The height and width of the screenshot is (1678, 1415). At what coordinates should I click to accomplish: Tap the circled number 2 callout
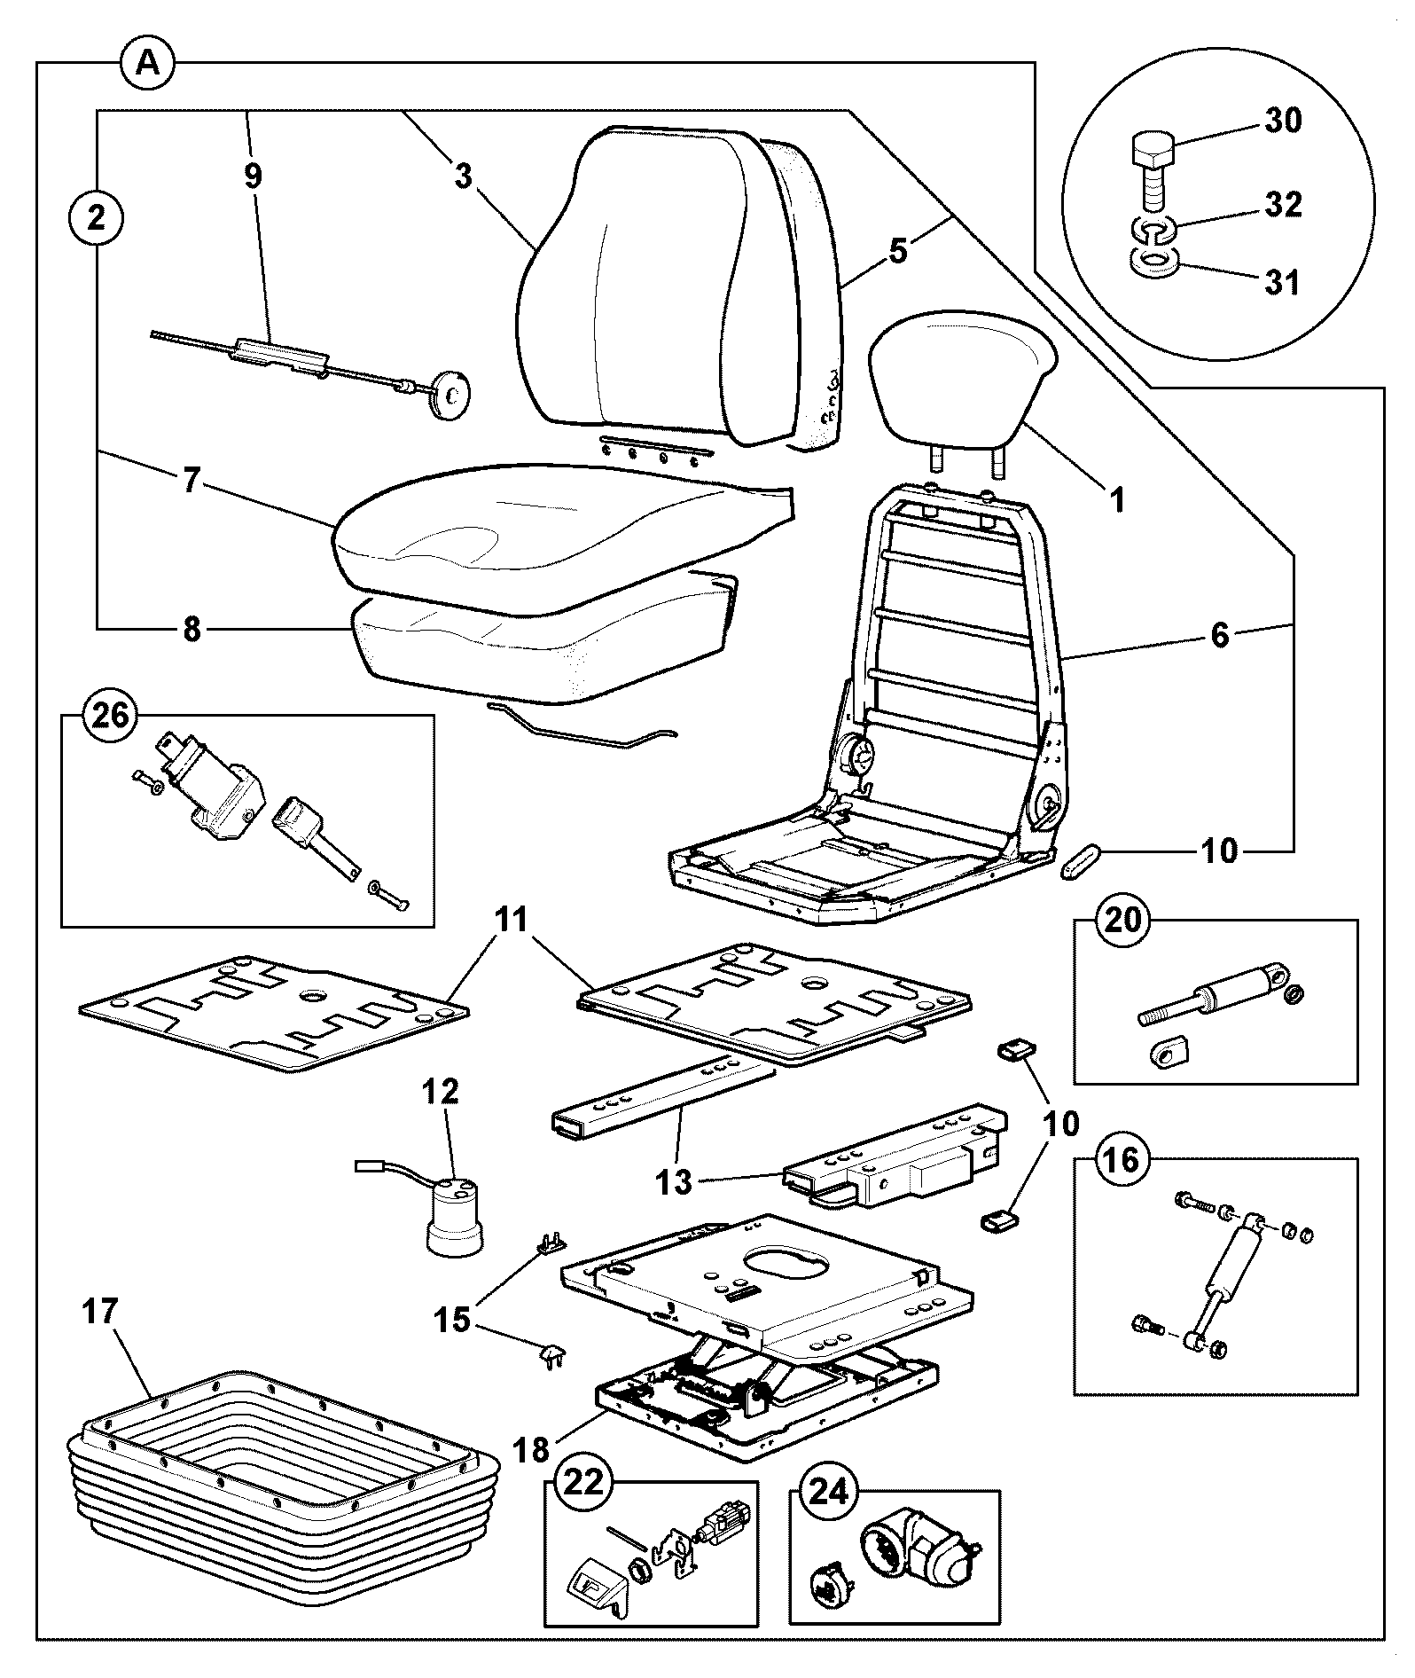point(96,216)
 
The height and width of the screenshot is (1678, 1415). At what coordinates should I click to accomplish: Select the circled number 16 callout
point(1122,1160)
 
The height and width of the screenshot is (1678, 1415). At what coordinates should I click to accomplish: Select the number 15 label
point(452,1320)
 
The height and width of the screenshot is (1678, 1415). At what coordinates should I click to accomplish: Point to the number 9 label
point(254,176)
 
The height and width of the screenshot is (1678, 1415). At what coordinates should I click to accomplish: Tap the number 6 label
point(1221,634)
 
